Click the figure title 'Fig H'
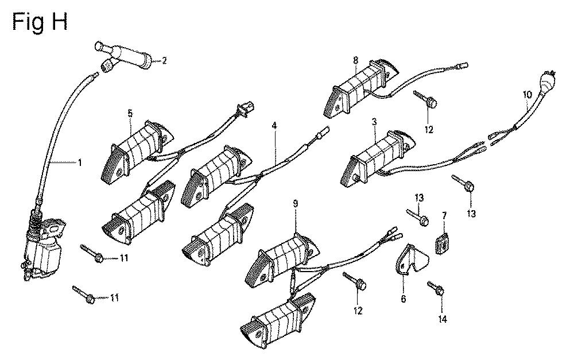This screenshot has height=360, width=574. [40, 22]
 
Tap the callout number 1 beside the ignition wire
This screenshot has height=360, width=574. [80, 162]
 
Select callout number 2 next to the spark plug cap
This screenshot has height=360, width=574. [164, 60]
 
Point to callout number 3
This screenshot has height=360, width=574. [374, 122]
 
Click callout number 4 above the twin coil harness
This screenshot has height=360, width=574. [274, 126]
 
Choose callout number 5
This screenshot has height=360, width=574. [130, 113]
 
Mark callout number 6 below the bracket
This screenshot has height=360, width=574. [404, 299]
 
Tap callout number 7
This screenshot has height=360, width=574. [444, 216]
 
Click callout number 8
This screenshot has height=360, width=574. [355, 60]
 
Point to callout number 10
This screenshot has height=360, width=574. [528, 95]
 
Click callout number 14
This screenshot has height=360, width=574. [442, 319]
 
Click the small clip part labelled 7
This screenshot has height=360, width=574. [442, 242]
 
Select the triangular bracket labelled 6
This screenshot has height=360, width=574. [411, 260]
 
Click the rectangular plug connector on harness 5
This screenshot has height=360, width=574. [246, 108]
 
